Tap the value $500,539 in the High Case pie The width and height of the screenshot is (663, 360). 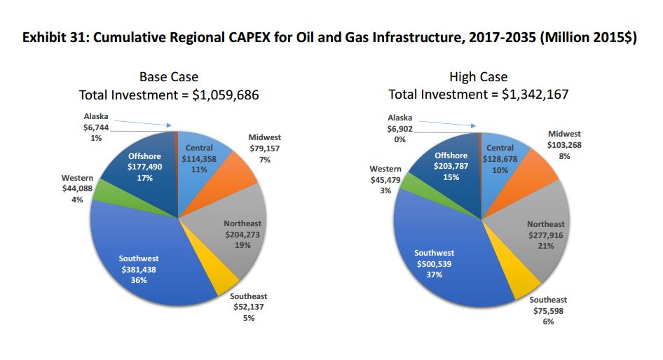434,264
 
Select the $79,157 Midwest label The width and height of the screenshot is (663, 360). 264,148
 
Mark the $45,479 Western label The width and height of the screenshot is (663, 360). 385,180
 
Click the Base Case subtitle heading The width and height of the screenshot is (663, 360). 169,77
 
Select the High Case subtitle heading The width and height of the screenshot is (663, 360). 479,77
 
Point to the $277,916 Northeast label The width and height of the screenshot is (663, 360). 545,235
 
